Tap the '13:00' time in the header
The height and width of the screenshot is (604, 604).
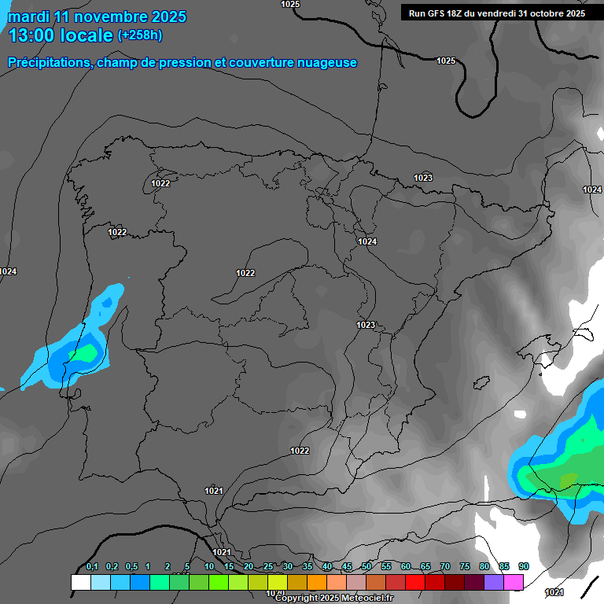pyautogui.click(x=29, y=35)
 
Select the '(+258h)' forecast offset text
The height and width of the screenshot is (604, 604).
pyautogui.click(x=139, y=35)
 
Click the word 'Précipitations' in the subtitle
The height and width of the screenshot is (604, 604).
pyautogui.click(x=49, y=63)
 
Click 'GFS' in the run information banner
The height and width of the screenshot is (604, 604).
pyautogui.click(x=436, y=13)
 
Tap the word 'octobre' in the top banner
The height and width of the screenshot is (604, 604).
pyautogui.click(x=543, y=13)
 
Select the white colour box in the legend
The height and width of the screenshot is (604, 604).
pyautogui.click(x=80, y=583)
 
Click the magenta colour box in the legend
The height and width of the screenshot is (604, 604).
pyautogui.click(x=514, y=583)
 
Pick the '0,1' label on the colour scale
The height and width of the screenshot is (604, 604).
pyautogui.click(x=92, y=567)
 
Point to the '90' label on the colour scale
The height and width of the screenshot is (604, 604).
pyautogui.click(x=523, y=567)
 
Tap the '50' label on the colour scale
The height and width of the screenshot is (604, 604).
pyautogui.click(x=366, y=567)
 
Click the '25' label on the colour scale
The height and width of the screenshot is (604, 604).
pyautogui.click(x=268, y=567)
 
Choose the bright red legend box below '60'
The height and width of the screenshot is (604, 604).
pyautogui.click(x=415, y=583)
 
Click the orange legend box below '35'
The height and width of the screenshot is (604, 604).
pyautogui.click(x=317, y=583)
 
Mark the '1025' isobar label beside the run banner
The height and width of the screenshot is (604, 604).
pyautogui.click(x=446, y=61)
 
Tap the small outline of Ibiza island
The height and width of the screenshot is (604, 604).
pyautogui.click(x=480, y=383)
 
